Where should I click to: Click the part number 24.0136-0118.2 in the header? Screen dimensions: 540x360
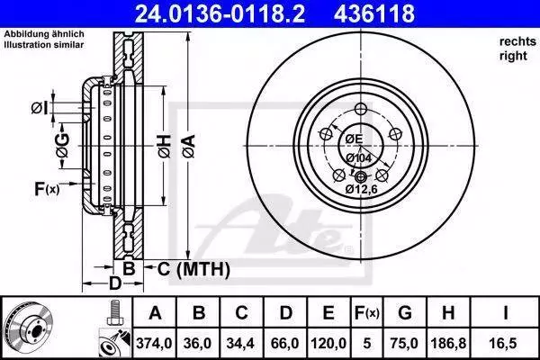(220, 13)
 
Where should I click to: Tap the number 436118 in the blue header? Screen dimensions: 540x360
(374, 13)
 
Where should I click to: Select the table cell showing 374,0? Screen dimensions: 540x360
(154, 343)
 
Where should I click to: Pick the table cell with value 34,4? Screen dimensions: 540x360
(241, 343)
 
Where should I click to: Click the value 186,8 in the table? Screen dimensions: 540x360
(448, 343)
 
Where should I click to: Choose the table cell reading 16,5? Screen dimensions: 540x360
(505, 343)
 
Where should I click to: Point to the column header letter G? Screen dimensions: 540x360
(405, 313)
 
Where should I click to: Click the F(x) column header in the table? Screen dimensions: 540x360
(367, 313)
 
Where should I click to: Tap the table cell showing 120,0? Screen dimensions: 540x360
(328, 343)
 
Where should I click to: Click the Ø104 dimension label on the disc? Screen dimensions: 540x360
(358, 158)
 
